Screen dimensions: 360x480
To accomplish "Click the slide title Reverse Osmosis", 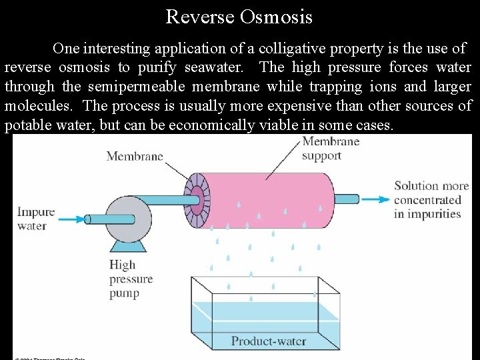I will pos(239,16).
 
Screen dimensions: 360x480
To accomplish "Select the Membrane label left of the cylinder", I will pos(134,157).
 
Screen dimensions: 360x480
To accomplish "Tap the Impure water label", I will pos(35,219).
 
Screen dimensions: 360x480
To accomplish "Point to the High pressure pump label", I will pos(131,279).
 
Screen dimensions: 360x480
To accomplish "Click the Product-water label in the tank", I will pos(268,341).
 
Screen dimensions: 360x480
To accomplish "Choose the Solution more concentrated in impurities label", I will pos(431,199).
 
